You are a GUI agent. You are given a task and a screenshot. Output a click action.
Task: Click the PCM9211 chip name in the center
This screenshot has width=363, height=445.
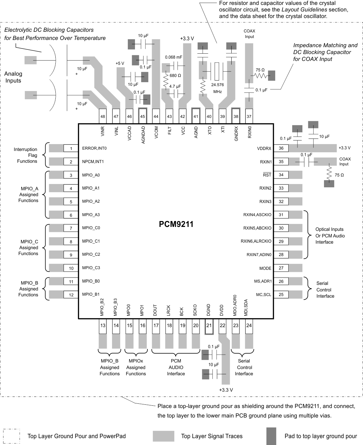(176, 224)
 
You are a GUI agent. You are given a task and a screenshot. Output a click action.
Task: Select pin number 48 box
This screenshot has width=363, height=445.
(103, 116)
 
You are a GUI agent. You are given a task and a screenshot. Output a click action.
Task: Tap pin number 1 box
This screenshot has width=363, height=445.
(71, 149)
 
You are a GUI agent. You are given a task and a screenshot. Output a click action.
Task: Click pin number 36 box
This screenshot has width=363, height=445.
(281, 148)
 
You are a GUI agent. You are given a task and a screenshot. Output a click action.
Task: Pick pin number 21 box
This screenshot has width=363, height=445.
(209, 325)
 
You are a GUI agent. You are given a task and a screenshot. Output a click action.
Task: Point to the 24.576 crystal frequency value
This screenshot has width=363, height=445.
(218, 85)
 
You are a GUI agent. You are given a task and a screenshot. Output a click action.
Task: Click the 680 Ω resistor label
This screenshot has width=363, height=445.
(175, 76)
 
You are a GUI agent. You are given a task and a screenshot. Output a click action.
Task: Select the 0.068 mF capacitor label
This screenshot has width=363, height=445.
(174, 57)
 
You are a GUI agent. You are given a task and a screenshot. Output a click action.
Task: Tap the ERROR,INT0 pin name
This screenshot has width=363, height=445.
(94, 148)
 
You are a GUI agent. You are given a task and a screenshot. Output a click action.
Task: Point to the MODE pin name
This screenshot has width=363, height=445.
(265, 268)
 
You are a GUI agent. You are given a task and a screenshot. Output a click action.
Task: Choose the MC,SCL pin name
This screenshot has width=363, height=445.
(264, 295)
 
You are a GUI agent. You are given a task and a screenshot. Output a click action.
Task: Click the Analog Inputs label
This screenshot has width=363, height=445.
(13, 77)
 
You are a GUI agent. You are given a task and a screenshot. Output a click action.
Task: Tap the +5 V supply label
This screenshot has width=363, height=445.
(120, 63)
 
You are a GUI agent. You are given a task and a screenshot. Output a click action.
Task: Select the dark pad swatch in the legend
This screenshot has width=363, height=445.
(271, 436)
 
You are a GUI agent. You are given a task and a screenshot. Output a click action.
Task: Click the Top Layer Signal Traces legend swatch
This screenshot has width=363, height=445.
(163, 436)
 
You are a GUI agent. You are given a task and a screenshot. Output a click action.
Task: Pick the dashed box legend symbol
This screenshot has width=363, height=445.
(11, 436)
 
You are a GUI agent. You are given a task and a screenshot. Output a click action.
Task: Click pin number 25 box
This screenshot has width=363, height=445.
(281, 295)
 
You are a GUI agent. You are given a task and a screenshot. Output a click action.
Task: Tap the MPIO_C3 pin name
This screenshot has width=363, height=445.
(91, 268)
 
